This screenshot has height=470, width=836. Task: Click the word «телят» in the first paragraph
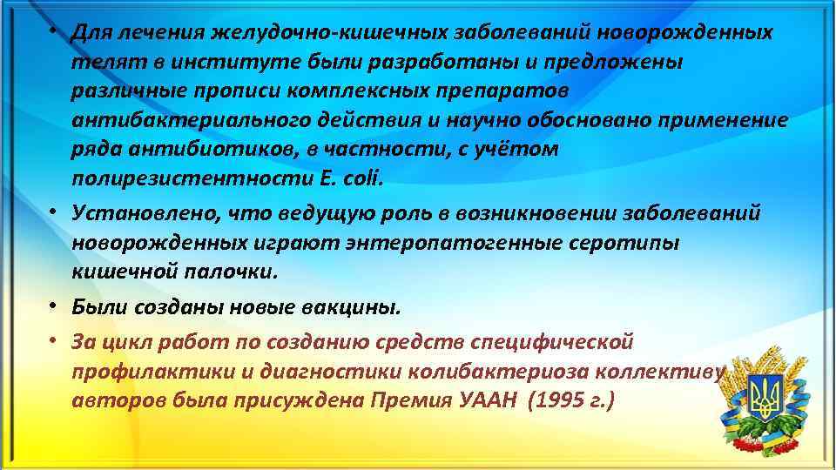click(x=98, y=63)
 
